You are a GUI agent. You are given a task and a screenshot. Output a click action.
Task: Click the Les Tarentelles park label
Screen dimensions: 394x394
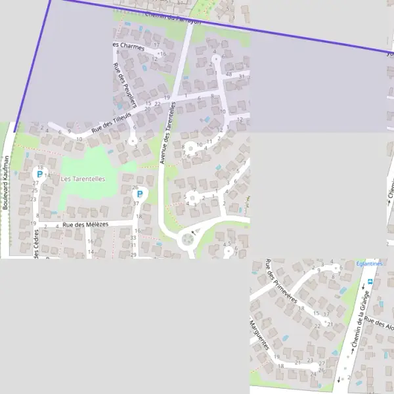tap(83, 179)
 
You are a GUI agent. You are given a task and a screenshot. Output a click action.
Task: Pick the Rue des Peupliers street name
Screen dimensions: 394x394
tap(125, 85)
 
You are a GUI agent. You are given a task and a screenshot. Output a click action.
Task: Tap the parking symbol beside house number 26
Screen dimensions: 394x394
tap(138, 194)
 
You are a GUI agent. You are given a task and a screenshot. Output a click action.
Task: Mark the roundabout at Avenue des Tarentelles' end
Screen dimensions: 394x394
tap(188, 240)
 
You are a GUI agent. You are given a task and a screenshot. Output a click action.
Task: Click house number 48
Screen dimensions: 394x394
tap(229, 74)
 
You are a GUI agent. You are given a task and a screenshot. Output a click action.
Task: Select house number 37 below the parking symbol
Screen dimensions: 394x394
tap(136, 204)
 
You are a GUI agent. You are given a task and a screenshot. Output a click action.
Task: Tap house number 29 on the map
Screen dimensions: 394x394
tap(133, 255)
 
